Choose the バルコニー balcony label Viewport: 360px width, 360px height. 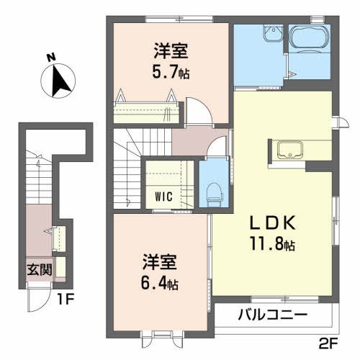273,315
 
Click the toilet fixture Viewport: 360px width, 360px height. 212,188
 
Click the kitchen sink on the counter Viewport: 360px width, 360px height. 291,149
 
